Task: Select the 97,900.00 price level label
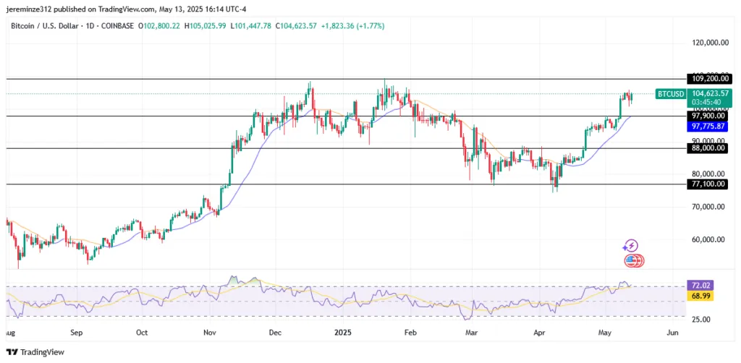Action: coord(708,116)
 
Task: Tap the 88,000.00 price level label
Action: coord(708,148)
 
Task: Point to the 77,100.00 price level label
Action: coord(708,184)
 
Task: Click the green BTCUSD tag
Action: coord(670,94)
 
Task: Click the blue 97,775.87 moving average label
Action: coord(708,126)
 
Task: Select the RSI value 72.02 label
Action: coord(698,287)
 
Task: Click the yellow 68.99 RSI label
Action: coord(698,297)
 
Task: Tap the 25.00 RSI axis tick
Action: coord(698,319)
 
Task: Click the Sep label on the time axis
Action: coord(77,334)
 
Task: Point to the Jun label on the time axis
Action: coord(672,334)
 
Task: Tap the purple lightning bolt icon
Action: coord(631,247)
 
